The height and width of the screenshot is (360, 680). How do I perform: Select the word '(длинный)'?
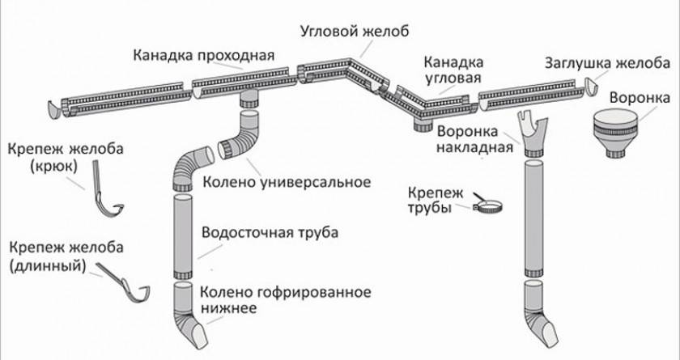45,265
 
